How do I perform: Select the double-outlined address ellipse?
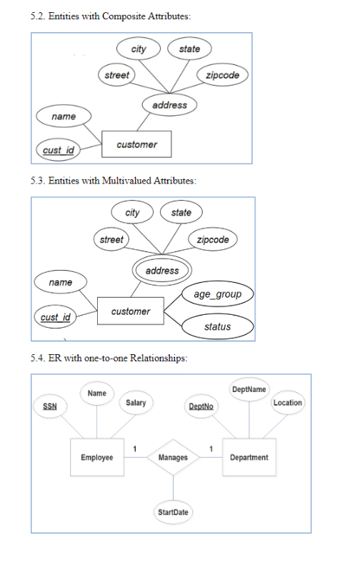[162, 271]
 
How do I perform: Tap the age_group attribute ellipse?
[217, 294]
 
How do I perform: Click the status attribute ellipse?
[217, 326]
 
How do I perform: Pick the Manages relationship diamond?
[173, 457]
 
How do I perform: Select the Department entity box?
[249, 457]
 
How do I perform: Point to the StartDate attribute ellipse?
[173, 512]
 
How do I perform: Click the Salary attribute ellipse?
[136, 403]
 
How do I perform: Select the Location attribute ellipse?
[287, 403]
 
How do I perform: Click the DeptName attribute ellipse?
[249, 389]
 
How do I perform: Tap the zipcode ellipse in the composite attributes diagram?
[222, 75]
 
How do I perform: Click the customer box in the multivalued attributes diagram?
[131, 311]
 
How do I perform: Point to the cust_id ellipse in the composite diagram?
[59, 149]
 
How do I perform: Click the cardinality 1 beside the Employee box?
[135, 448]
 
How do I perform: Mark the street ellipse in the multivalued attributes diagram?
[111, 239]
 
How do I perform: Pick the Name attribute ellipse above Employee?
[96, 393]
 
